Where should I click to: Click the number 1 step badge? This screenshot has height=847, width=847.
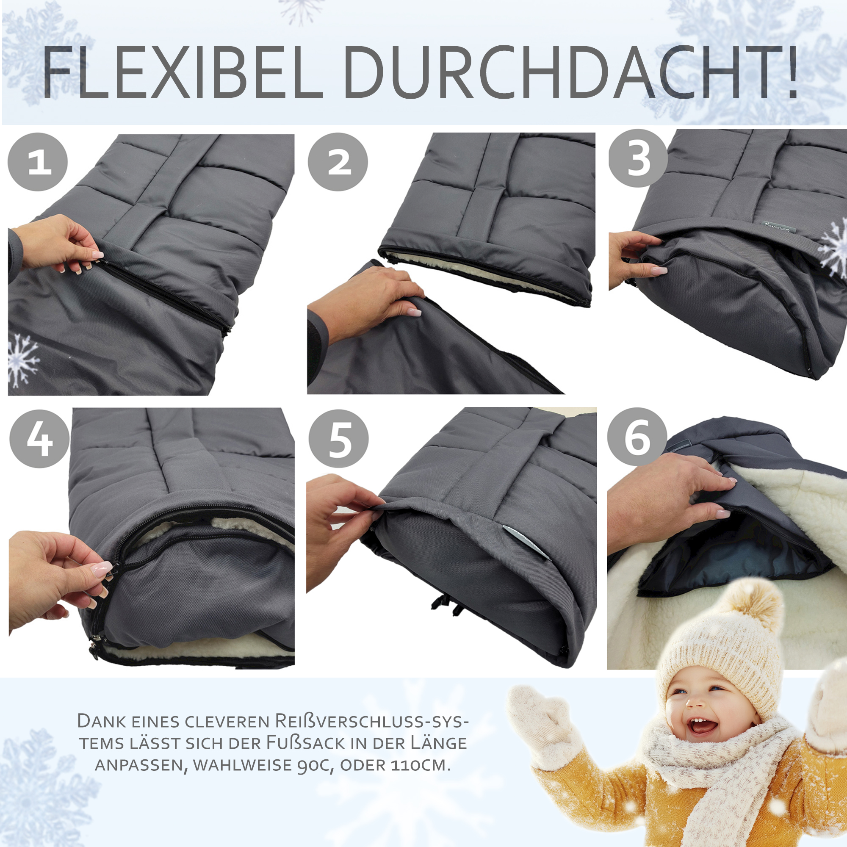(38, 162)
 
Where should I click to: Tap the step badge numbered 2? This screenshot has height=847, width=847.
(338, 162)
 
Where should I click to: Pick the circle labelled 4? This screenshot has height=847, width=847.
(39, 438)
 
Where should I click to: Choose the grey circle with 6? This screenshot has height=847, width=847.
(637, 437)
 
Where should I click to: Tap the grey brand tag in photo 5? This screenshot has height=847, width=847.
(526, 541)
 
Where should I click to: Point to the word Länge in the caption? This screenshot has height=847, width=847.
(438, 743)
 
